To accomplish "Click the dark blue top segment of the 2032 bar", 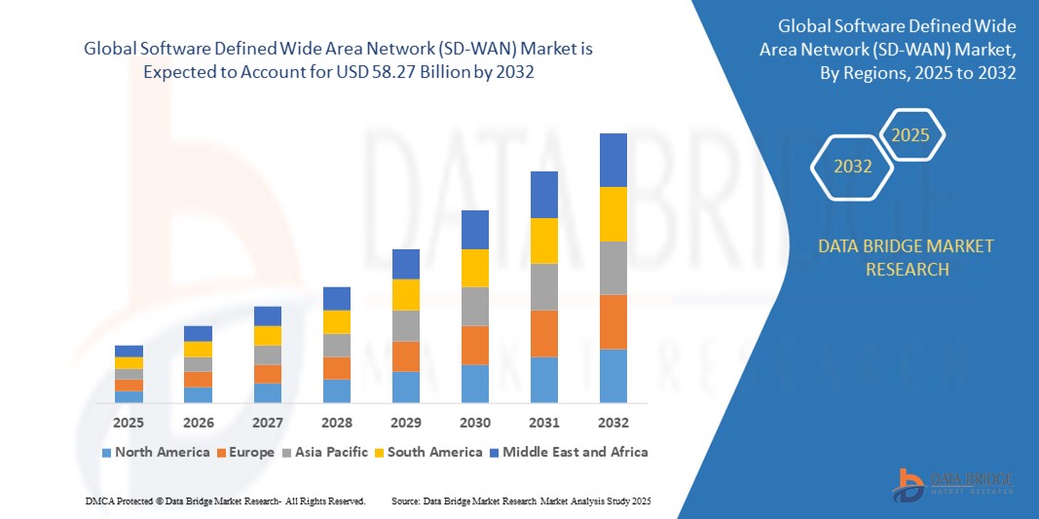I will [x=612, y=160].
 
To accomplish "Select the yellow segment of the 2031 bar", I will [x=543, y=241].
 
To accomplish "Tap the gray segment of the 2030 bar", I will [x=474, y=306].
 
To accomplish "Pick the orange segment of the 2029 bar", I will [x=405, y=355].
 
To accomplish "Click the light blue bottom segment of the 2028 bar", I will [x=336, y=390].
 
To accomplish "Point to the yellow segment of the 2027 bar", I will [x=267, y=335].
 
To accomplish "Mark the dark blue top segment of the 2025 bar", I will [x=129, y=351].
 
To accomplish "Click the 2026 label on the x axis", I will [x=198, y=423].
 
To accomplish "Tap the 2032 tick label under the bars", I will [x=612, y=423].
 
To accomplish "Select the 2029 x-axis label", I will [x=405, y=423].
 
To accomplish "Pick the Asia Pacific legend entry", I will [x=326, y=452].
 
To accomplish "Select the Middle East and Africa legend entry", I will [x=570, y=452].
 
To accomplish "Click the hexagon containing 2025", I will [x=910, y=135].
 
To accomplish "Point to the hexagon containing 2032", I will [x=852, y=167].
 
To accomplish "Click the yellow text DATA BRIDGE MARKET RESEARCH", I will [x=907, y=257].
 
